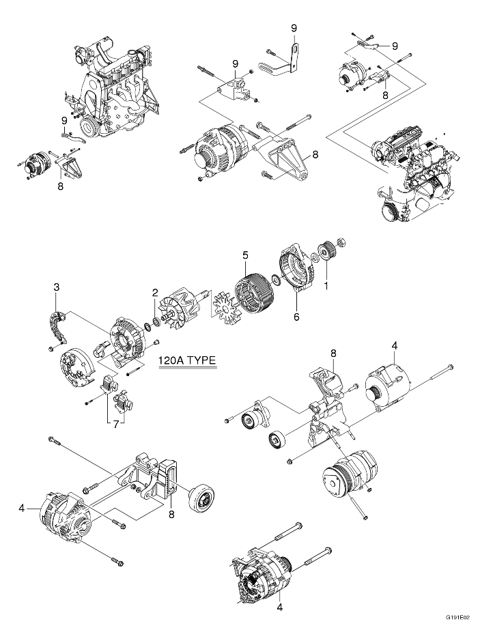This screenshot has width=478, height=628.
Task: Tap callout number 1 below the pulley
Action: pos(326,286)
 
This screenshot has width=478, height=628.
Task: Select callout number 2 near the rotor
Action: pos(156,292)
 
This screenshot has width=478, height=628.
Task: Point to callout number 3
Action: pos(57,287)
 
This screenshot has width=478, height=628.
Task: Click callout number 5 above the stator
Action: pos(244,255)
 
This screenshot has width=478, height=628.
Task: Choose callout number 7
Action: pos(115,424)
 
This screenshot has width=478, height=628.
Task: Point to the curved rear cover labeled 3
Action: pos(59,328)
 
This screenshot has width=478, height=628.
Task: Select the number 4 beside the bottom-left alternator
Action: pos(23,508)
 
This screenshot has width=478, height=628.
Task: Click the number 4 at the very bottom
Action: pos(279,607)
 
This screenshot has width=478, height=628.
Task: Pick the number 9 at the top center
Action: pos(294,28)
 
